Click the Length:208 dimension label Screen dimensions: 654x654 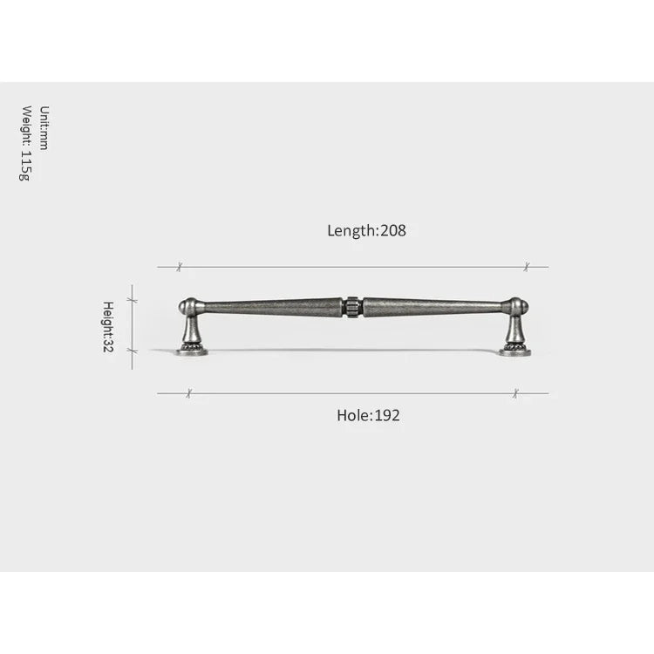point(366,231)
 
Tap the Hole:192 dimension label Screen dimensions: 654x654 point(368,415)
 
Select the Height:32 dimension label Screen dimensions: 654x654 point(108,327)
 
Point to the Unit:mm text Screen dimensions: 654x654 point(44,127)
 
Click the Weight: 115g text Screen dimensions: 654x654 point(26,143)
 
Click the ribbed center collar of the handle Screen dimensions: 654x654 point(352,308)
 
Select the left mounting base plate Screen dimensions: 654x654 point(192,352)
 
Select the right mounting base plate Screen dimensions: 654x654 point(515,352)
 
